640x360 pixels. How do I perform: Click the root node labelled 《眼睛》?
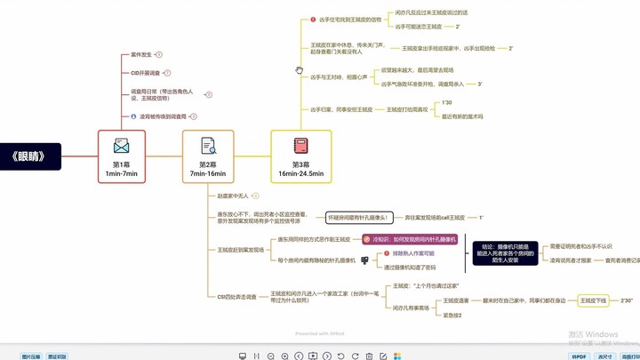(x=28, y=156)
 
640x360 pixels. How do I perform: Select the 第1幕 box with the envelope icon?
(x=122, y=156)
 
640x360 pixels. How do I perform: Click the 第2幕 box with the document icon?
(x=208, y=156)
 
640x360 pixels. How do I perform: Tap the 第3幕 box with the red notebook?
(x=300, y=156)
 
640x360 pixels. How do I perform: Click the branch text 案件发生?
(x=141, y=54)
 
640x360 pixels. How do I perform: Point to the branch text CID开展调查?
(x=146, y=73)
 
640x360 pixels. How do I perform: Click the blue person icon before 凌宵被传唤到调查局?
(x=133, y=116)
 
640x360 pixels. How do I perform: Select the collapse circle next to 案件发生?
(x=159, y=54)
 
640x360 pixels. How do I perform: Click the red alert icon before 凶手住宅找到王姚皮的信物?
(x=313, y=20)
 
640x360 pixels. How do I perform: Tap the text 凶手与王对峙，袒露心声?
(x=340, y=77)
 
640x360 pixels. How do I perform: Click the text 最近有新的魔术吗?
(x=462, y=116)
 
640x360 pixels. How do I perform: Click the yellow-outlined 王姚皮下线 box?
(x=594, y=301)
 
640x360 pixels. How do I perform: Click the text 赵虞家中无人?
(x=234, y=196)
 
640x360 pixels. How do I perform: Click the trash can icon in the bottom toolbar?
(x=369, y=356)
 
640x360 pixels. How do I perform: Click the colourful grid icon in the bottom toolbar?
(x=397, y=356)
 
